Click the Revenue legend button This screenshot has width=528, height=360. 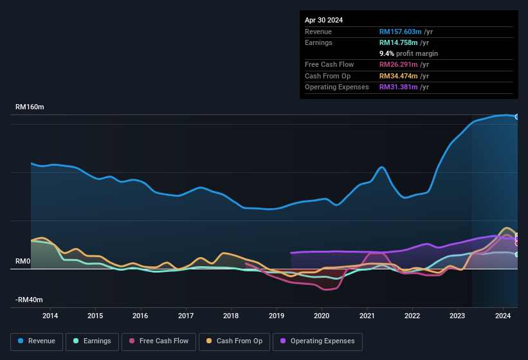pyautogui.click(x=37, y=341)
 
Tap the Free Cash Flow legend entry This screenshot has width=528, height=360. pyautogui.click(x=159, y=341)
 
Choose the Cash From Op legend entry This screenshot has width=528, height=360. pyautogui.click(x=234, y=341)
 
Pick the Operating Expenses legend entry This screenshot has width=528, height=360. pyautogui.click(x=318, y=341)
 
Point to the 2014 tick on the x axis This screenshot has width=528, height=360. pyautogui.click(x=50, y=316)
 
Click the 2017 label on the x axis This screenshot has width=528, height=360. pyautogui.click(x=186, y=316)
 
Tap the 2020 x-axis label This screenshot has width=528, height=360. pyautogui.click(x=322, y=316)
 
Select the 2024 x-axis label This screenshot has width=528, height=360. pyautogui.click(x=503, y=316)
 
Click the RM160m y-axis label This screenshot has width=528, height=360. pyautogui.click(x=30, y=107)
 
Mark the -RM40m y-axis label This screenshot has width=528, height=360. pyautogui.click(x=29, y=300)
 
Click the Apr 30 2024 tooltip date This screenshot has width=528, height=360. pyautogui.click(x=324, y=20)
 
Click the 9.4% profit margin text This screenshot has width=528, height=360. pyautogui.click(x=408, y=53)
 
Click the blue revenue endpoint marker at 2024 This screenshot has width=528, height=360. pyautogui.click(x=517, y=116)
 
